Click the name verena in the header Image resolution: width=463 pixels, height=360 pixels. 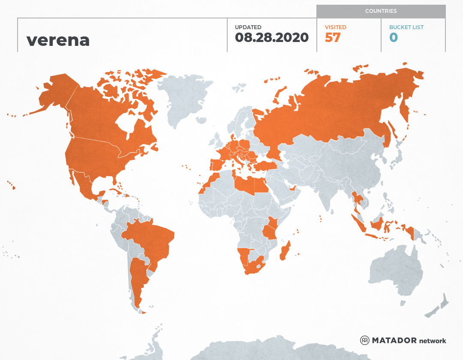pos(58,40)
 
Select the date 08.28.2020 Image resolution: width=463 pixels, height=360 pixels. pos(272,37)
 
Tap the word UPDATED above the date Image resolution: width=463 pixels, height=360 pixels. pos(248,27)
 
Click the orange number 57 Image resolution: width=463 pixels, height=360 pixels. pos(333,37)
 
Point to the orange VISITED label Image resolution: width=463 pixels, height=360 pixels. pos(336,27)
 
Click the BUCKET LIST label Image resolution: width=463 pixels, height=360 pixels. pos(406,27)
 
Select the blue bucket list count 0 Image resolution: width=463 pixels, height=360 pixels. pos(394,37)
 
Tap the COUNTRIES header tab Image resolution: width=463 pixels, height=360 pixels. pos(381,11)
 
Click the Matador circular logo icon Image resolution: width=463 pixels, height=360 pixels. pos(365,340)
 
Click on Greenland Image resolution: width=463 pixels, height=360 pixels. pos(182,99)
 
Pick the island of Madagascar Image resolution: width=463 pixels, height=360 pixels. pos(285,251)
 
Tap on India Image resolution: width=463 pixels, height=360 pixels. pos(328,189)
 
